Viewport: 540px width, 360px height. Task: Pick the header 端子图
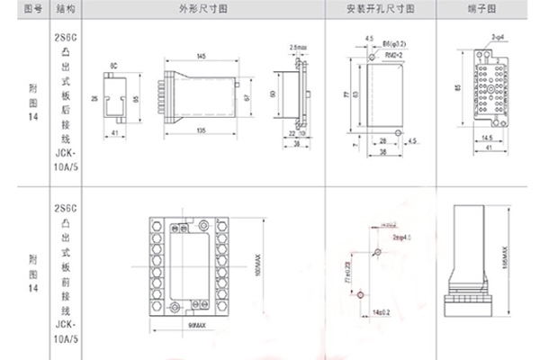487,8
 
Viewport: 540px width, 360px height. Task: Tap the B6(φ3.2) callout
389,42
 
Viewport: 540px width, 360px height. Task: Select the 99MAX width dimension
192,323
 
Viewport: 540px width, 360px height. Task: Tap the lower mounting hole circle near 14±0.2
361,293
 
